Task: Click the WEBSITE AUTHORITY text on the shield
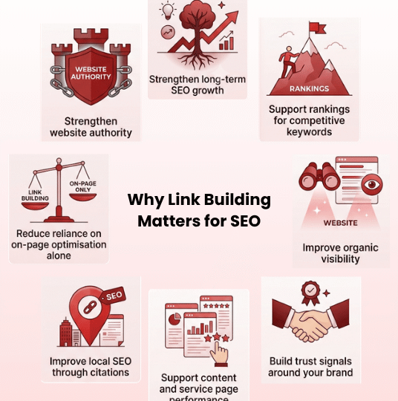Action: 91,73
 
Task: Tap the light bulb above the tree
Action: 167,11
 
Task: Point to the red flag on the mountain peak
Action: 317,28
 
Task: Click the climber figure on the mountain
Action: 288,62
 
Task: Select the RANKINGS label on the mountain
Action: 309,89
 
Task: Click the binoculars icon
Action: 319,176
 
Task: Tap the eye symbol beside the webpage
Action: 372,184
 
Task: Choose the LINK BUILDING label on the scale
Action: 35,195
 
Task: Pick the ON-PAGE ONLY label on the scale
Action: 83,186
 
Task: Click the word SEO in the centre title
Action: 245,221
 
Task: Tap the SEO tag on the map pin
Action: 114,296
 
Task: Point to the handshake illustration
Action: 310,320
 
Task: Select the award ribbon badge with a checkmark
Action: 310,293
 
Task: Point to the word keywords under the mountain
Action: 309,132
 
